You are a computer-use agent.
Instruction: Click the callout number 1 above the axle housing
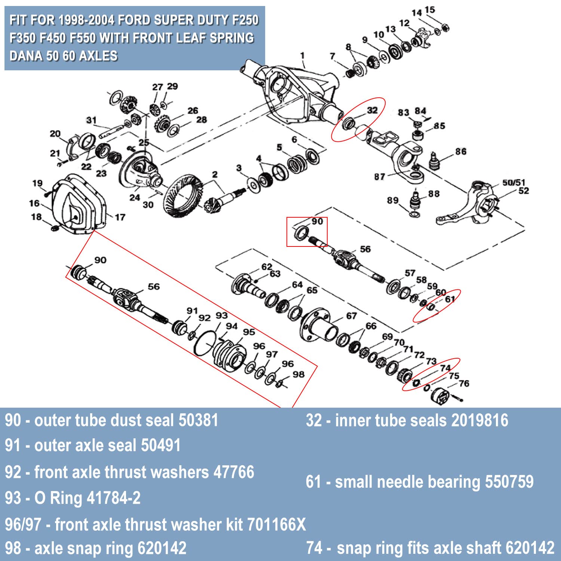(302, 56)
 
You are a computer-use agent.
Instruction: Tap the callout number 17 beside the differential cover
(120, 217)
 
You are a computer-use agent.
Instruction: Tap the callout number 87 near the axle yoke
(379, 177)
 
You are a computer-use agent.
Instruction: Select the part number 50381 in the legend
(198, 420)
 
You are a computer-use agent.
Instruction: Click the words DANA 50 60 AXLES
(64, 56)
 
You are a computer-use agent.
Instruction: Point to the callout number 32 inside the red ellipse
(372, 110)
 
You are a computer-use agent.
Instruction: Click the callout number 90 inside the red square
(317, 221)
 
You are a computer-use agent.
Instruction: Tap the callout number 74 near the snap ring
(445, 368)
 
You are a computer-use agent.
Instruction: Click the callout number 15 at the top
(430, 10)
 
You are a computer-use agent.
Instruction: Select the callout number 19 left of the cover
(37, 183)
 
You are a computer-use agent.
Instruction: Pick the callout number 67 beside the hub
(351, 316)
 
